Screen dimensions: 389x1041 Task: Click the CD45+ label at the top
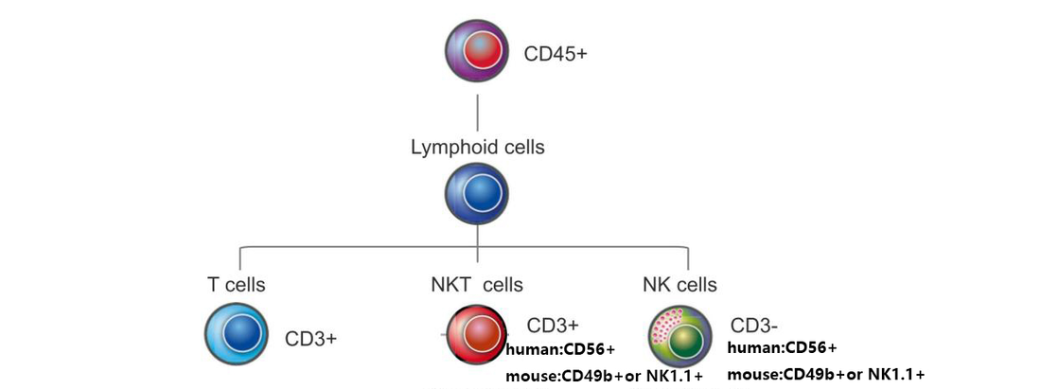556,53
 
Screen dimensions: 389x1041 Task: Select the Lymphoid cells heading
477,148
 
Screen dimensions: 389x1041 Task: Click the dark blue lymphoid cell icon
477,192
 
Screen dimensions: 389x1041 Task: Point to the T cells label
236,284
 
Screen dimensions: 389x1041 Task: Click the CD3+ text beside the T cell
311,338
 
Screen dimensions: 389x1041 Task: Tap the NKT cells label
477,284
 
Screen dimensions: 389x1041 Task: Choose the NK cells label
679,284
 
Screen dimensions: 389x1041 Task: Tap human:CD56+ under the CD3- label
782,347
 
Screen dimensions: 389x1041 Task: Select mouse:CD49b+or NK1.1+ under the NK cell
825,373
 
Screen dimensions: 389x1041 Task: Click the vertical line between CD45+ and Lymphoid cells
477,111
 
